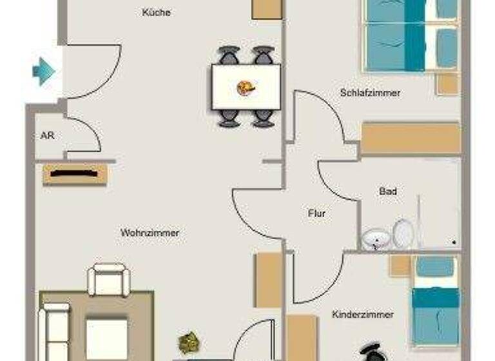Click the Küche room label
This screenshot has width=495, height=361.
pyautogui.click(x=157, y=12)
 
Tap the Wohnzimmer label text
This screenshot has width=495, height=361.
pyautogui.click(x=150, y=232)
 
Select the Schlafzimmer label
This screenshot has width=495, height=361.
pyautogui.click(x=370, y=93)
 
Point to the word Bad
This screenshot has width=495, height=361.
pyautogui.click(x=388, y=191)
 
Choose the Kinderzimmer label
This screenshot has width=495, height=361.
pyautogui.click(x=363, y=315)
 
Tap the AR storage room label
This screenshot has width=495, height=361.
pyautogui.click(x=46, y=137)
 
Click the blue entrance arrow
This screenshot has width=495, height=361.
pyautogui.click(x=43, y=70)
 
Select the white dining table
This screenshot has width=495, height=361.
pyautogui.click(x=246, y=86)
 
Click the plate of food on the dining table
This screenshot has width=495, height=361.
pyautogui.click(x=246, y=87)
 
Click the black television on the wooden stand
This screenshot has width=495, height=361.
pyautogui.click(x=75, y=173)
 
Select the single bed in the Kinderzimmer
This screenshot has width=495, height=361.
pyautogui.click(x=435, y=300)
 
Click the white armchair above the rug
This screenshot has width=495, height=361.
pyautogui.click(x=109, y=279)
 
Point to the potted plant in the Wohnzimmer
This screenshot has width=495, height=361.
pyautogui.click(x=189, y=341)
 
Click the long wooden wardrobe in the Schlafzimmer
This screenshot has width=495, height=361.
pyautogui.click(x=410, y=139)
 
